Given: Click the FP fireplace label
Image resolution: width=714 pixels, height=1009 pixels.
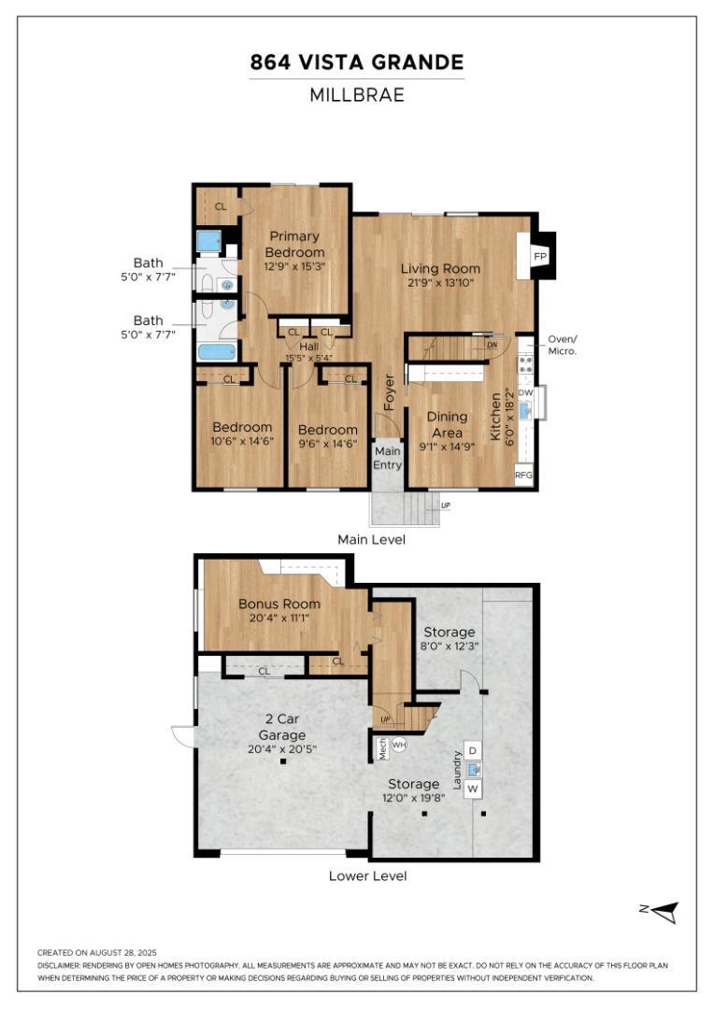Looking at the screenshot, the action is (x=540, y=256).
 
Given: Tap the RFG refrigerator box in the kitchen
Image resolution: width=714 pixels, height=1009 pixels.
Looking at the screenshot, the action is (x=523, y=475).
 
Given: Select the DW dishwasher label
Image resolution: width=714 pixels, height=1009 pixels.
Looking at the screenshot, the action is (x=525, y=391).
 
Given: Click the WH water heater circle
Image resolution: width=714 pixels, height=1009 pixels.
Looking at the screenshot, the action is (x=399, y=746).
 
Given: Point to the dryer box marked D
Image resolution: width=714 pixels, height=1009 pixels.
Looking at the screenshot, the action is (x=473, y=750).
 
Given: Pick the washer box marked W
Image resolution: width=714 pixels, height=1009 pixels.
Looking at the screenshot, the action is (x=473, y=789).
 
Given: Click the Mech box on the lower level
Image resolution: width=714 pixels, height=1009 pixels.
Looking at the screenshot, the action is (x=382, y=748).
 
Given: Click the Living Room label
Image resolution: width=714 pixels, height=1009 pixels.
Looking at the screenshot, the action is (x=440, y=268).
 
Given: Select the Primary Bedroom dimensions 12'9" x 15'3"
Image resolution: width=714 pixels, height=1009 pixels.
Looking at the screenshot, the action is (x=295, y=265).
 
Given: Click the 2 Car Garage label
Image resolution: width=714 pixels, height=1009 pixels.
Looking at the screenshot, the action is (x=282, y=727).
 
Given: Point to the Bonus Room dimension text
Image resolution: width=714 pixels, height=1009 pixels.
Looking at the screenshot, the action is (x=279, y=618).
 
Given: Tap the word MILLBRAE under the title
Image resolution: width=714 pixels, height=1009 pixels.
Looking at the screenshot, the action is (x=357, y=94).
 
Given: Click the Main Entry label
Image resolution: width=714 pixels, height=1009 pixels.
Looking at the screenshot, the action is (x=388, y=458).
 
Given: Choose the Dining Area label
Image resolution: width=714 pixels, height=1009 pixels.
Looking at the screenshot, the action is (x=448, y=424).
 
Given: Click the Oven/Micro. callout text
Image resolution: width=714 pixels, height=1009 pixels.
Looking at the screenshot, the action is (x=563, y=345).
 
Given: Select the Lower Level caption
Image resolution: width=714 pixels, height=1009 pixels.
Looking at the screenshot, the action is (x=367, y=875).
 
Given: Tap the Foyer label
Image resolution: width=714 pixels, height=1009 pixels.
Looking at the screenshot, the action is (x=389, y=391).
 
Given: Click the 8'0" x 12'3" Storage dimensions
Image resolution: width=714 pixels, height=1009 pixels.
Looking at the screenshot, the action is (x=450, y=646).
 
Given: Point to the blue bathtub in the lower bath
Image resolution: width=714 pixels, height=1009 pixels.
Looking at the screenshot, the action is (x=217, y=351).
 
